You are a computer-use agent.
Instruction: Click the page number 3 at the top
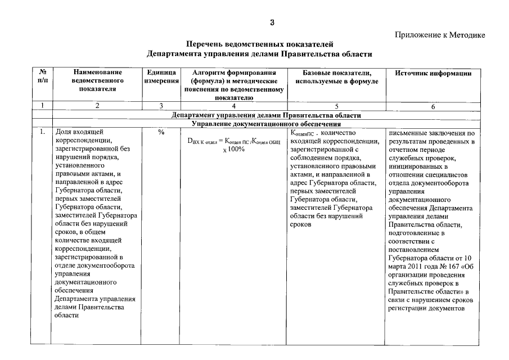coord(272,23)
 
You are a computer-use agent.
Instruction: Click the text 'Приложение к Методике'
coord(440,35)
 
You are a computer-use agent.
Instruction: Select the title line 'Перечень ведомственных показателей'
coord(259,44)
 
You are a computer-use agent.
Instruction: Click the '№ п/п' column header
coord(42,78)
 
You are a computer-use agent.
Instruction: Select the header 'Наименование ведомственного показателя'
coord(97,80)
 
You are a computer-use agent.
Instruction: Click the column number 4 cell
coord(233,105)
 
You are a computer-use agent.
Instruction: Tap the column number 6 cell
coord(433,106)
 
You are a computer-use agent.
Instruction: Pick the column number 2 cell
coord(97,105)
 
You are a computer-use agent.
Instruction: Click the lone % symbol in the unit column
coord(161,133)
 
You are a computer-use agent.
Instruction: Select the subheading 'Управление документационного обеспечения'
coord(267,123)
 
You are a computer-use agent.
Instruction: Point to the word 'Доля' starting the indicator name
coord(62,133)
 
